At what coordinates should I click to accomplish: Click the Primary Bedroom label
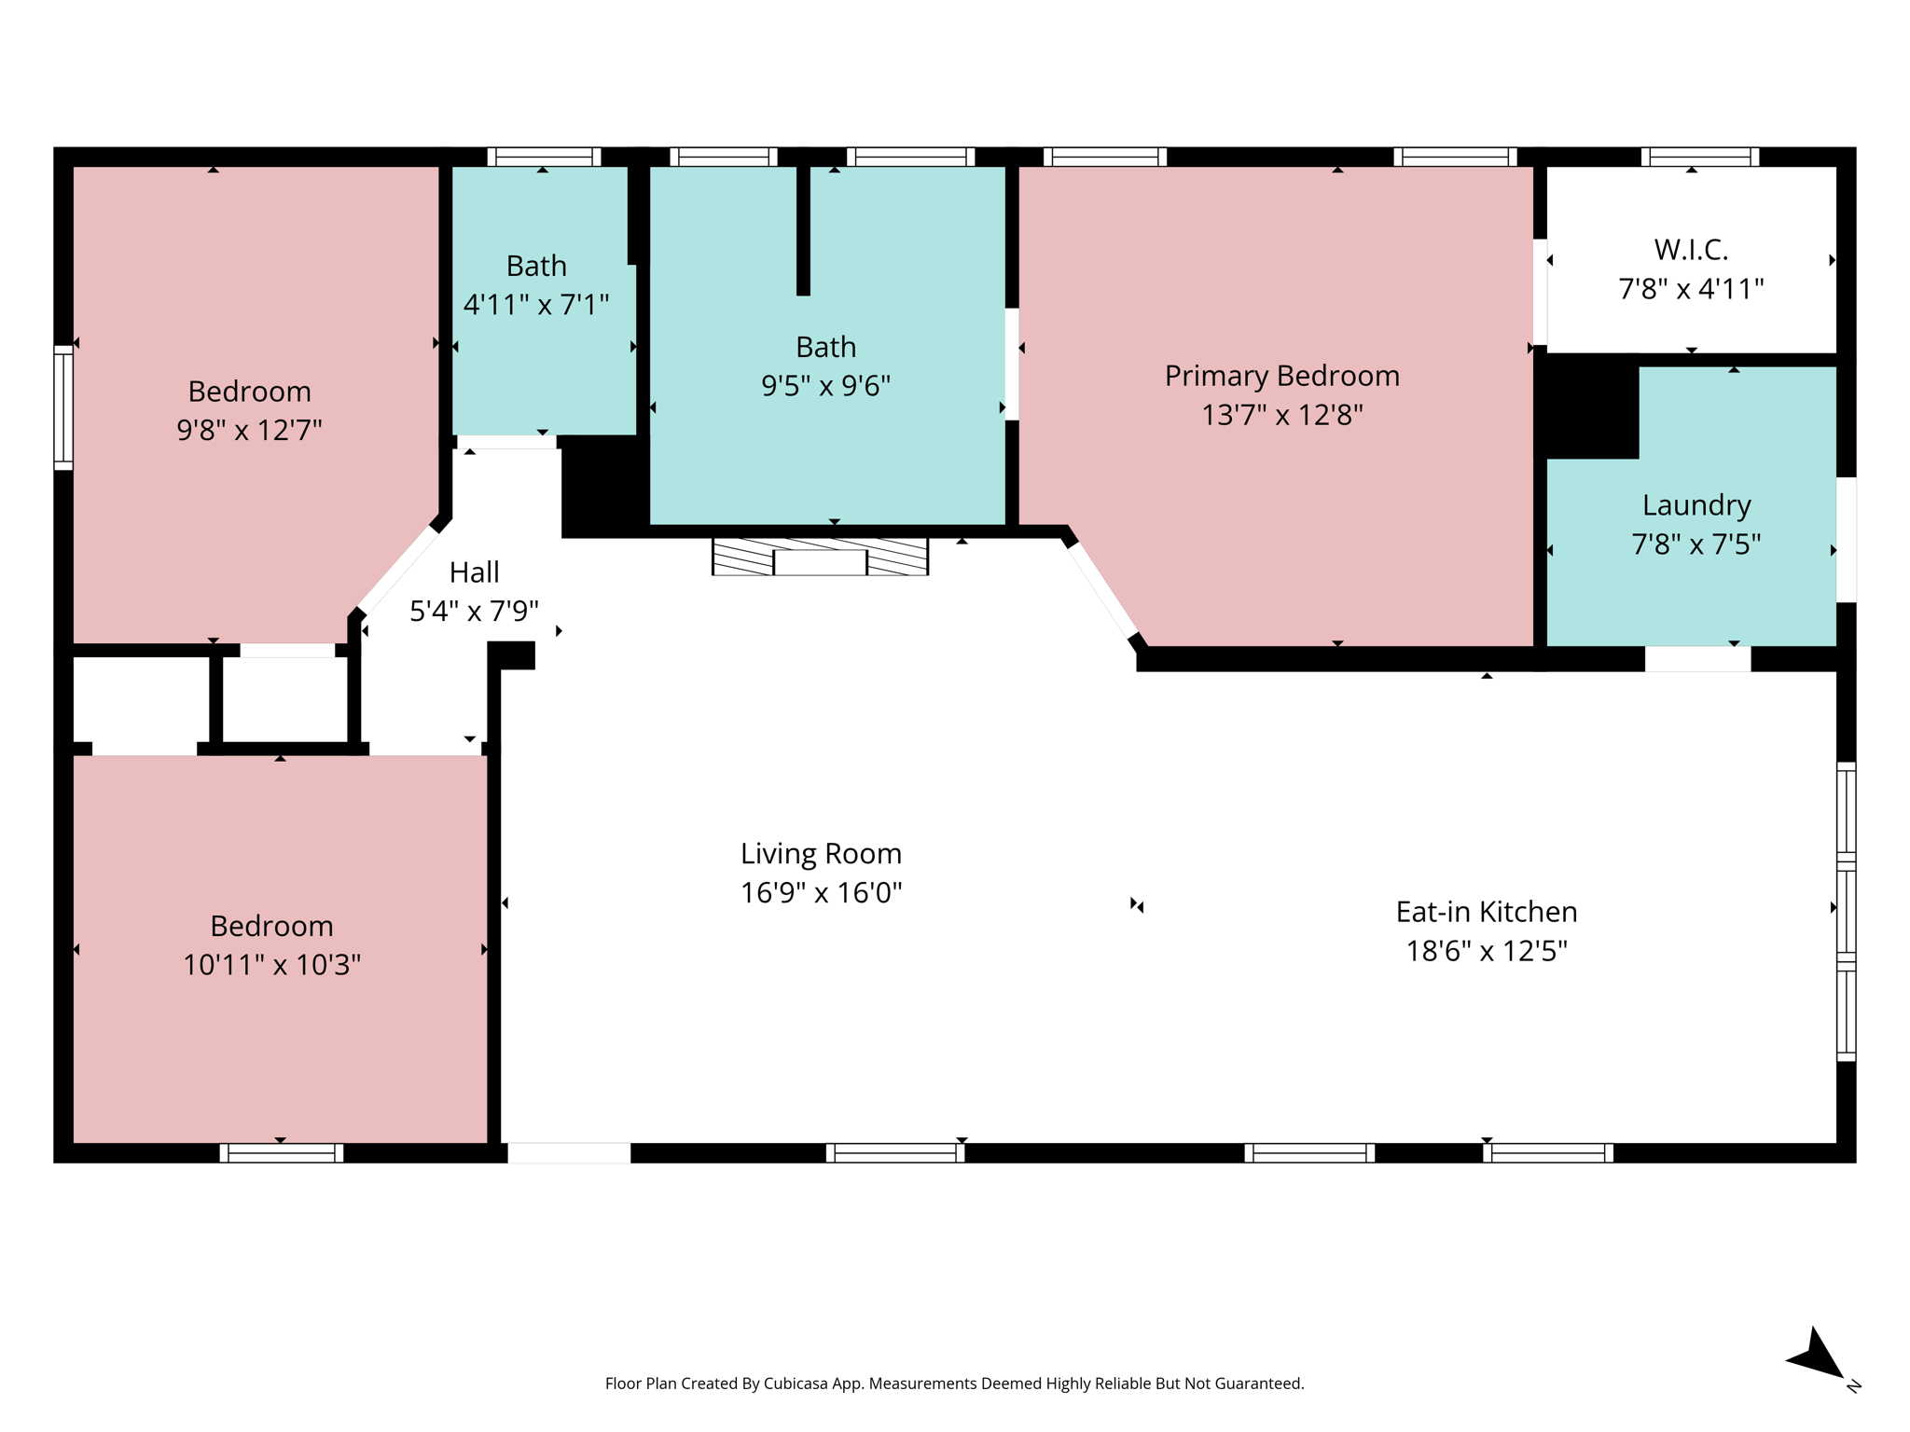[1281, 376]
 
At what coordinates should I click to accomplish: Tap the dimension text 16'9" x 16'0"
[821, 892]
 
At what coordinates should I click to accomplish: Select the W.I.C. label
[1690, 250]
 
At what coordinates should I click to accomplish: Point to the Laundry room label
[1695, 504]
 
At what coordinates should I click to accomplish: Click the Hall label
[474, 571]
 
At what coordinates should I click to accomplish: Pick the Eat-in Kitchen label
[1486, 911]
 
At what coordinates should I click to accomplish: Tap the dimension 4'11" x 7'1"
[535, 304]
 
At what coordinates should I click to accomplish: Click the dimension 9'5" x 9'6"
[825, 385]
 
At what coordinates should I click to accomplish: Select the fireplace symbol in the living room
[820, 557]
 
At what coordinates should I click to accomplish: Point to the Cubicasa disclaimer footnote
[954, 1384]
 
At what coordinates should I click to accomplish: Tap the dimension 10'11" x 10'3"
[271, 964]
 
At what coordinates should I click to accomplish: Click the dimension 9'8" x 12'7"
[249, 430]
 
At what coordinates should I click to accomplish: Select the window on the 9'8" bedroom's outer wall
[63, 407]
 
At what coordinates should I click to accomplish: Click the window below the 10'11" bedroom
[281, 1153]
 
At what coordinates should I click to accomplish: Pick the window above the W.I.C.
[1699, 157]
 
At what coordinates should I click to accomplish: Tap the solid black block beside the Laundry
[1591, 408]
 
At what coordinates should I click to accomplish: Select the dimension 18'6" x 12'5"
[1486, 951]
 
